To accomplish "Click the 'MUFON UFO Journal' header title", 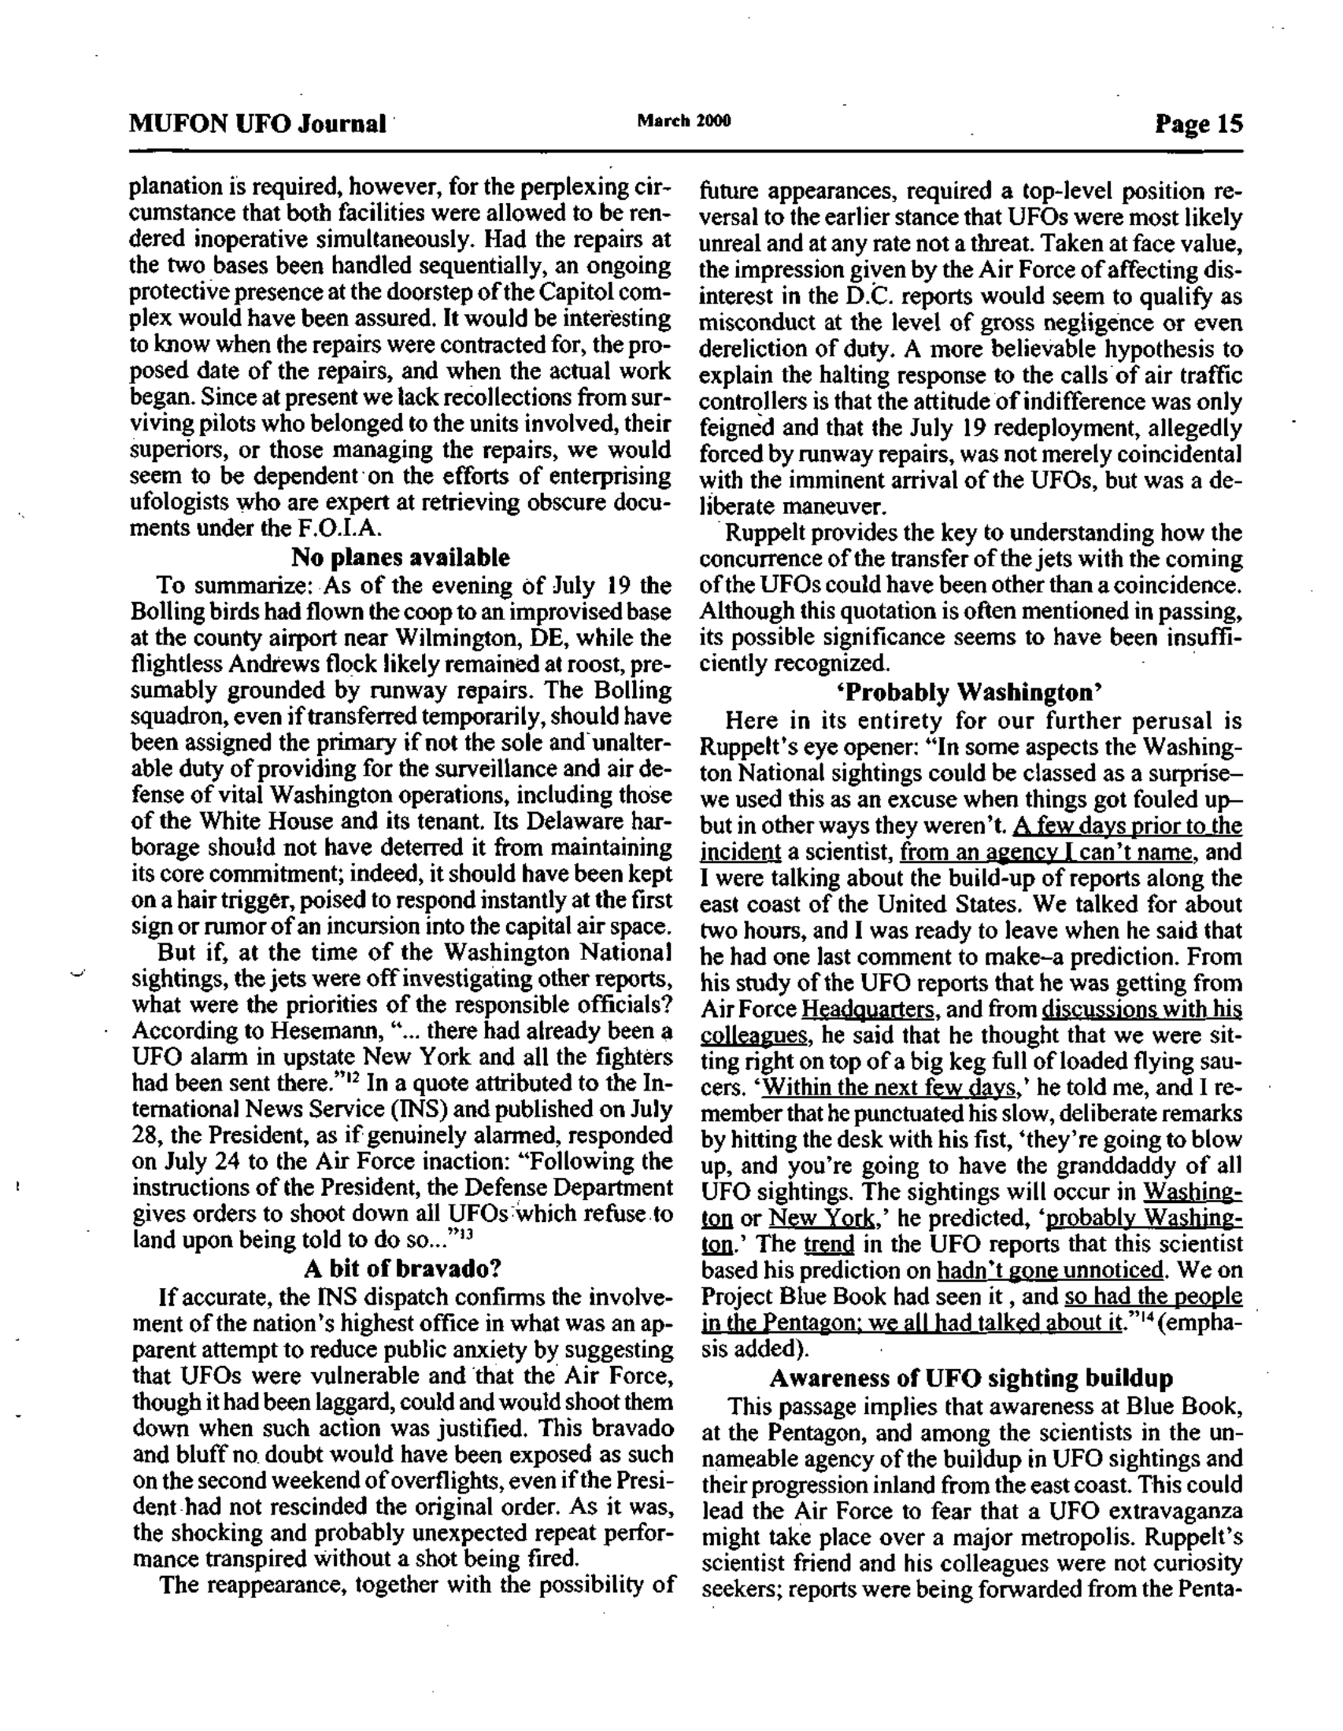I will point(258,124).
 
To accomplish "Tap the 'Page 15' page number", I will point(1199,124).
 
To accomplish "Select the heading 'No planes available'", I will point(401,557).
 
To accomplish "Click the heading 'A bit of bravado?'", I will point(403,1268).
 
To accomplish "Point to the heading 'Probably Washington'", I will point(971,692).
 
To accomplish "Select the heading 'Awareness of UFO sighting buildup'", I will point(971,1379).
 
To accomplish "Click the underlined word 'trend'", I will point(827,1243).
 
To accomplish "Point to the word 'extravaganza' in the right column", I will point(1165,1511).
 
